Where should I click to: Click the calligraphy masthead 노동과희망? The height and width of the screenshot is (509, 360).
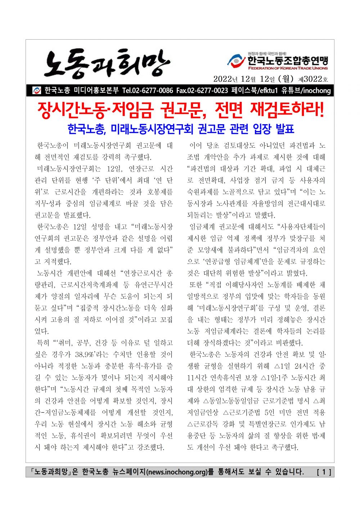coord(107,64)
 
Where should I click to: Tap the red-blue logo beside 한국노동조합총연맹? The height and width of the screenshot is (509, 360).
coord(236,60)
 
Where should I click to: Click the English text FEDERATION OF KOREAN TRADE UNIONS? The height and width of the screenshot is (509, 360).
coord(288,68)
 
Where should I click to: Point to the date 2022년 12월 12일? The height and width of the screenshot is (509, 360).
coord(244,79)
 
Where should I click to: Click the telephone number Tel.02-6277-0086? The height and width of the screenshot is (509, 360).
coord(148,90)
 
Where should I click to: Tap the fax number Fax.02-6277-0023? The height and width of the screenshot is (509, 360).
coord(202,90)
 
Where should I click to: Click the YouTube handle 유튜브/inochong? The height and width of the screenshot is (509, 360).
coord(306,90)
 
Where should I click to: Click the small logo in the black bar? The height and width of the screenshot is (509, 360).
coord(37,90)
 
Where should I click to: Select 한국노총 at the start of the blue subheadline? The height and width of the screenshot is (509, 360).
coord(86,129)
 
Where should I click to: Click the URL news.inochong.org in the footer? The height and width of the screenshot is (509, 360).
coord(177,472)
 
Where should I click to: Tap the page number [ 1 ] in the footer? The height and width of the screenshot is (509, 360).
coord(324,472)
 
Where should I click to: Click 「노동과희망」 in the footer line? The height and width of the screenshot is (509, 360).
coord(49,472)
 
